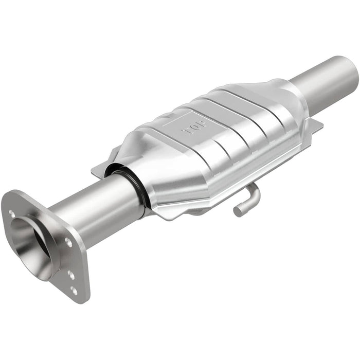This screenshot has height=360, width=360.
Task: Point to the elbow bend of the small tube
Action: tap(255, 190)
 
